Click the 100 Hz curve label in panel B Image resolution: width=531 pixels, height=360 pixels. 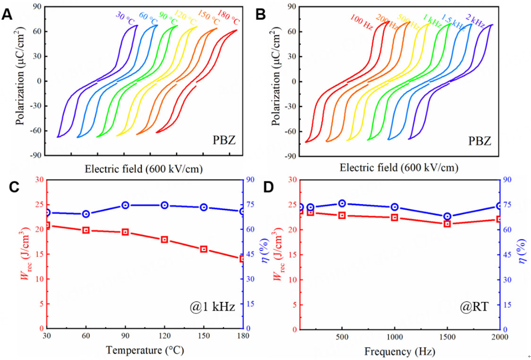[x=361, y=22]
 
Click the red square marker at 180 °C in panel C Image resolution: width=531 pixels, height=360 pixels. [x=242, y=259]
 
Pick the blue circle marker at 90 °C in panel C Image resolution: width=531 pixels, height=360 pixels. [x=126, y=205]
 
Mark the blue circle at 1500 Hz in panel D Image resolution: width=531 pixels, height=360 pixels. [x=447, y=216]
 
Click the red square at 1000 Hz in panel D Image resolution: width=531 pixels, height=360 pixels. [x=394, y=217]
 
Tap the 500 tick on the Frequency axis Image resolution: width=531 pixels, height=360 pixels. [x=342, y=337]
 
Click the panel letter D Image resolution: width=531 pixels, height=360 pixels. [x=268, y=187]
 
